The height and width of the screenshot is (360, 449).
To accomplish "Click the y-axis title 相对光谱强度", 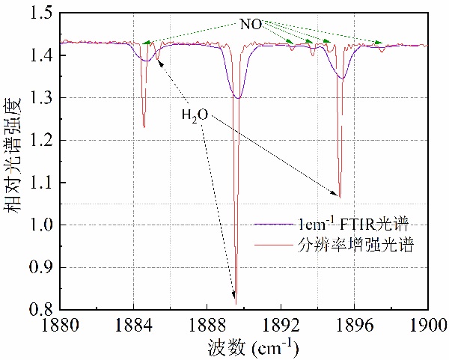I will pos(14,161).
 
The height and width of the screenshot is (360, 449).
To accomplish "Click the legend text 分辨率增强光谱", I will pos(352,244).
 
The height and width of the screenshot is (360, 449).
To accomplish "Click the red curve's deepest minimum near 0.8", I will pos(236,303).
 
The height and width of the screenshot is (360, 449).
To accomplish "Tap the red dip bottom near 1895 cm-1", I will pos(340,197).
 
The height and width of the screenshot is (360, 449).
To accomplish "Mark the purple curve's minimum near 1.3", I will pos(238,98).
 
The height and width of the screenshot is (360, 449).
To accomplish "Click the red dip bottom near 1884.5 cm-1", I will pos(144,127).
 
